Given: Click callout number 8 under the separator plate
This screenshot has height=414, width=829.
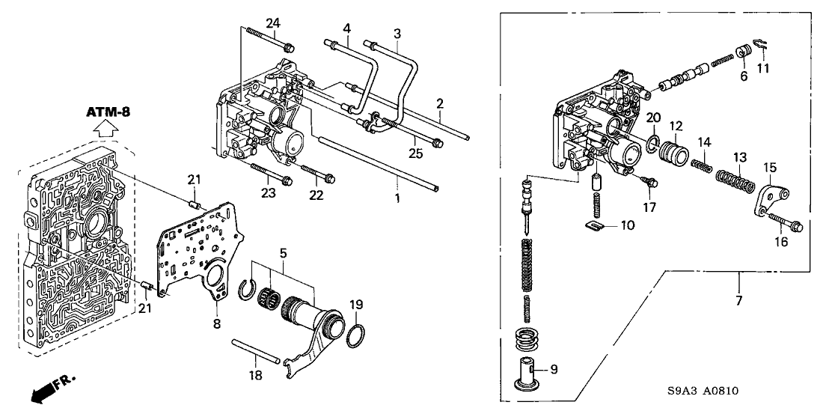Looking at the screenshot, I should [x=217, y=324].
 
